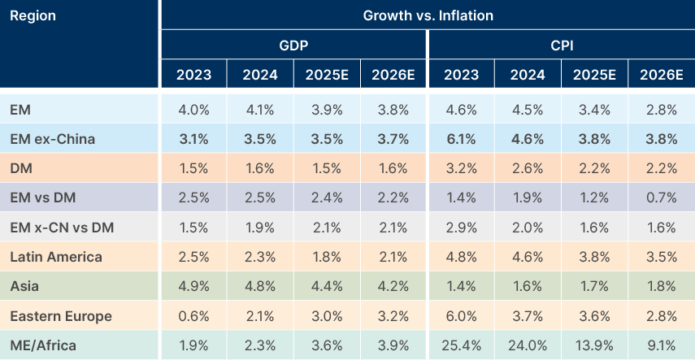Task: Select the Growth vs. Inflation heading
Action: pyautogui.click(x=428, y=15)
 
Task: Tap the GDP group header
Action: pyautogui.click(x=293, y=46)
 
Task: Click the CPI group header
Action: pyautogui.click(x=561, y=46)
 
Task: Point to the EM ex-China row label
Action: pyautogui.click(x=52, y=139)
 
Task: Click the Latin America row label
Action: pyautogui.click(x=56, y=257)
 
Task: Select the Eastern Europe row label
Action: pyautogui.click(x=61, y=316)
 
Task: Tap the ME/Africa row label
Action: pyautogui.click(x=43, y=345)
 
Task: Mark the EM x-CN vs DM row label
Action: pyautogui.click(x=62, y=228)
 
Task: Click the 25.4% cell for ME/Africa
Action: pyautogui.click(x=460, y=345)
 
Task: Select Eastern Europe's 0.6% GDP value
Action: pyautogui.click(x=193, y=316)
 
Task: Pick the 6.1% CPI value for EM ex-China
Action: pyautogui.click(x=460, y=139)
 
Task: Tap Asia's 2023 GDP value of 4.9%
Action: pyautogui.click(x=193, y=286)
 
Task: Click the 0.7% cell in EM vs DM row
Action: pyautogui.click(x=661, y=198)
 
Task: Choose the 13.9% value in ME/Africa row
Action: pyautogui.click(x=594, y=345)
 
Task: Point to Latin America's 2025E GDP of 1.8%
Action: pyautogui.click(x=327, y=257)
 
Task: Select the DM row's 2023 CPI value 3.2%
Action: pyautogui.click(x=460, y=168)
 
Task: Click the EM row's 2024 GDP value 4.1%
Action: pyautogui.click(x=260, y=110)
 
